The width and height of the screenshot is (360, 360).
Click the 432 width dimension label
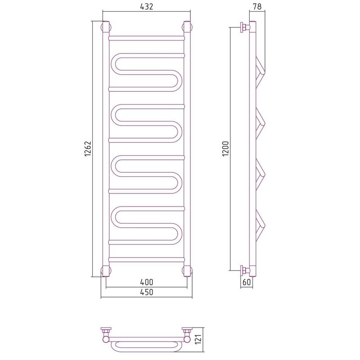[147, 7]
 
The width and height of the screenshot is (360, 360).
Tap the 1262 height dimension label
[88, 149]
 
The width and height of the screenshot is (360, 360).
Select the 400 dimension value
[147, 282]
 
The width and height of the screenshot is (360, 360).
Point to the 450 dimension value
[147, 292]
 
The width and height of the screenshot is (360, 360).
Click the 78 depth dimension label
[257, 7]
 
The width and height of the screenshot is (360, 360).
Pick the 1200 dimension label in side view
[226, 149]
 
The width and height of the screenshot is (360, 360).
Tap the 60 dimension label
[246, 282]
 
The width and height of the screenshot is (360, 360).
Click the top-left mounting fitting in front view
[106, 27]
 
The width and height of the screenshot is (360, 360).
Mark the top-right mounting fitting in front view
[187, 27]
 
